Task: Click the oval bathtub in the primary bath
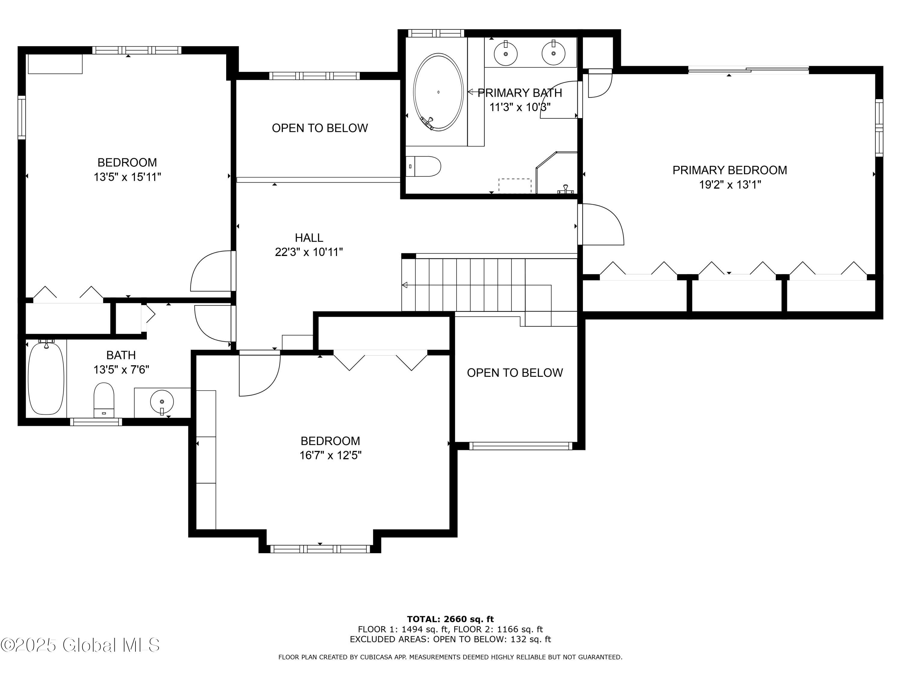[x=438, y=92]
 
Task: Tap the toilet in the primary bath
[x=423, y=166]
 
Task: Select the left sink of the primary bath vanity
[x=505, y=53]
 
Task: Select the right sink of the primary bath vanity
[x=554, y=53]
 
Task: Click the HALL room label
[x=309, y=238]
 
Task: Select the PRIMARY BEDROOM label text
[x=730, y=170]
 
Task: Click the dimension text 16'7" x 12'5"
[x=330, y=455]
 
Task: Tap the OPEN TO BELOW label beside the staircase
[x=515, y=373]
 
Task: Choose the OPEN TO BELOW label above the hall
[x=320, y=128]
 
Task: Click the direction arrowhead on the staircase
[x=405, y=285]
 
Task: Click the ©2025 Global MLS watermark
[x=80, y=645]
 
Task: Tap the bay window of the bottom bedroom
[x=320, y=549]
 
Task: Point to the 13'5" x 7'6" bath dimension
[x=121, y=370]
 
